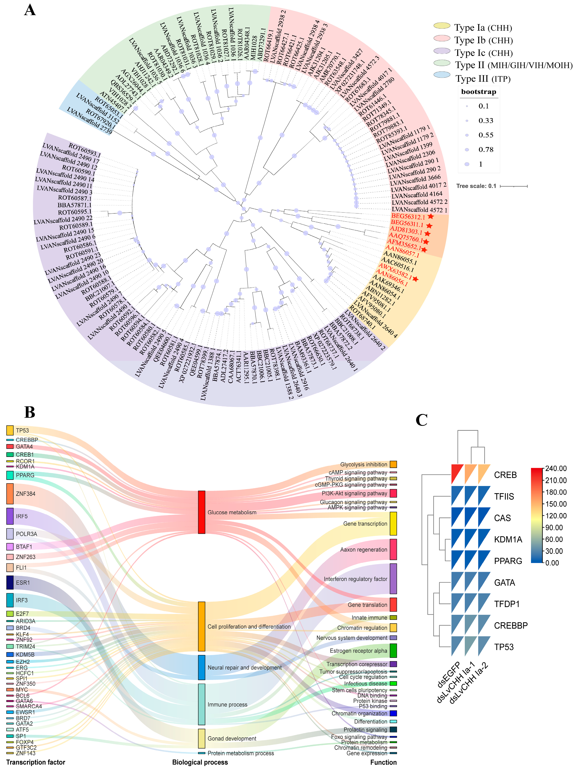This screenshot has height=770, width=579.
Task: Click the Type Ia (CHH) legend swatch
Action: coord(442,26)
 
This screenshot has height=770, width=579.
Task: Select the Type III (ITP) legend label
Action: coord(483,79)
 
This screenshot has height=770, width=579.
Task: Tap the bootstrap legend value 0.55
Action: coord(486,135)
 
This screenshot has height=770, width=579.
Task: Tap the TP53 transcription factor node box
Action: coord(10,430)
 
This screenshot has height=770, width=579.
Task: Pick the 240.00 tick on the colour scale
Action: coord(555,469)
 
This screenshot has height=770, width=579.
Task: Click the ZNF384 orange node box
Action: coord(10,494)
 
